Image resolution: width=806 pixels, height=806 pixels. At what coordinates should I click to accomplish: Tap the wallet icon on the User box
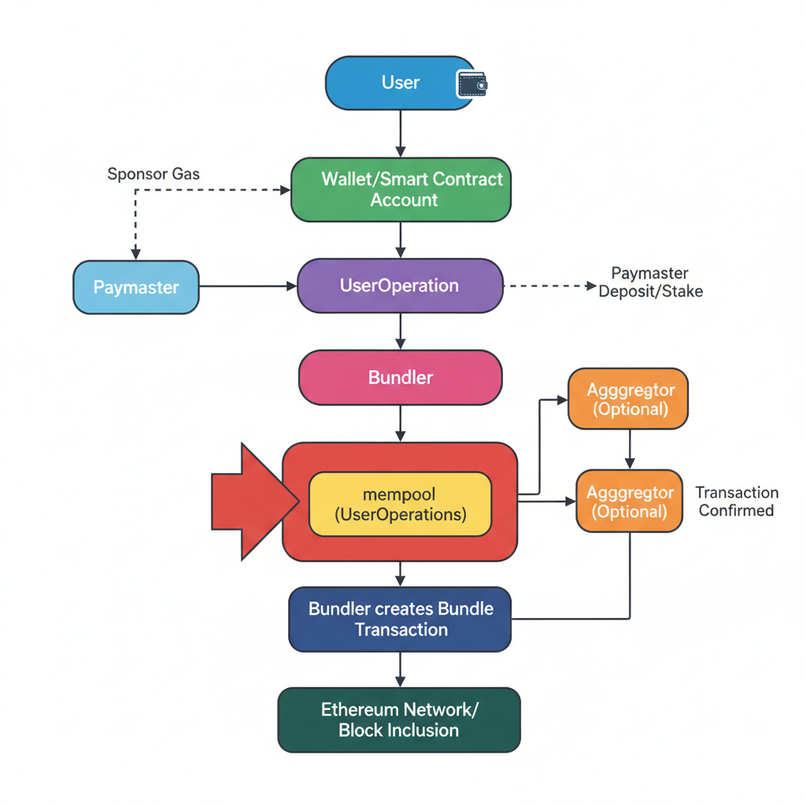click(x=472, y=83)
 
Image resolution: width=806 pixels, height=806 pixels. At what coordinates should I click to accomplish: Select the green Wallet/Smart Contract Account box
click(x=401, y=190)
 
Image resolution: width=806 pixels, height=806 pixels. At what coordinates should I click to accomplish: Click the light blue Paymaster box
click(x=136, y=287)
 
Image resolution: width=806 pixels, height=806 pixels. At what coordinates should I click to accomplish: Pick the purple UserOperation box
click(x=399, y=286)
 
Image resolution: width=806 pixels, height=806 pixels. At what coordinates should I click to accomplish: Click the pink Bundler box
click(x=400, y=378)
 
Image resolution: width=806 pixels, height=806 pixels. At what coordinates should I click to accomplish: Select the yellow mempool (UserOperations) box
click(x=400, y=505)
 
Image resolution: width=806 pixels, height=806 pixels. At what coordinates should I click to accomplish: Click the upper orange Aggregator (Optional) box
click(x=627, y=399)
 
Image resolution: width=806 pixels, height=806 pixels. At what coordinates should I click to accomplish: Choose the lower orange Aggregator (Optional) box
click(x=630, y=501)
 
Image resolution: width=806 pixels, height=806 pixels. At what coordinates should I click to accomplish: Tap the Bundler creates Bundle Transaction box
click(x=400, y=619)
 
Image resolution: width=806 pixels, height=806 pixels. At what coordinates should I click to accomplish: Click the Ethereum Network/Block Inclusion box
click(x=399, y=720)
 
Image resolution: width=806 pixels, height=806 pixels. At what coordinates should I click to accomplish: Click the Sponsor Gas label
click(x=153, y=174)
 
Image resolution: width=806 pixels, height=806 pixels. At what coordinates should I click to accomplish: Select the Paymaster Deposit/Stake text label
click(x=650, y=283)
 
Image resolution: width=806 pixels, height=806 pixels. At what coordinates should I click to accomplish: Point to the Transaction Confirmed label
click(x=737, y=501)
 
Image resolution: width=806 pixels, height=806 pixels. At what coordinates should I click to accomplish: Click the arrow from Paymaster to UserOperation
click(x=247, y=287)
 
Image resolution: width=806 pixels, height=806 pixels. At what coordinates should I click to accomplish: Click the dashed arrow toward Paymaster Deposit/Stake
click(x=549, y=287)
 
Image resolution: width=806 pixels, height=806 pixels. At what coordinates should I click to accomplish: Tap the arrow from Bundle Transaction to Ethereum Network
click(x=401, y=669)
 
